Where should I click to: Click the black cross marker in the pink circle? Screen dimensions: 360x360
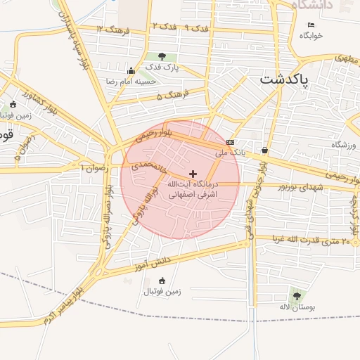click(193, 173)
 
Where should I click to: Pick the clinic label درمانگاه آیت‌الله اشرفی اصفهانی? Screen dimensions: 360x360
click(191, 187)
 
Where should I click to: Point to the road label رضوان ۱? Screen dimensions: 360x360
click(96, 168)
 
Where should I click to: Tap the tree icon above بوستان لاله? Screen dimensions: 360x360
click(295, 295)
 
